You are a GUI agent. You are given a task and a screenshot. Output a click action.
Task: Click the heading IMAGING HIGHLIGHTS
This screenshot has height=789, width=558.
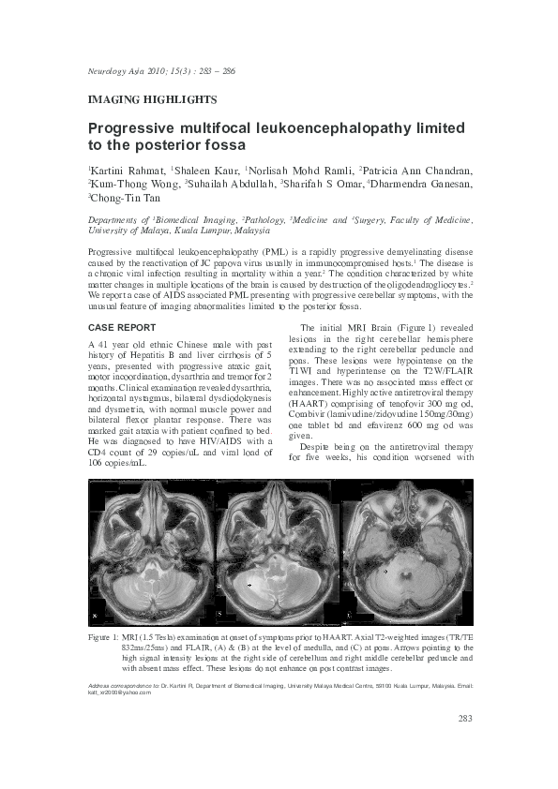[x=152, y=98]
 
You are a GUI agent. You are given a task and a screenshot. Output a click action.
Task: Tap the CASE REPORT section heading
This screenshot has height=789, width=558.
[x=122, y=328]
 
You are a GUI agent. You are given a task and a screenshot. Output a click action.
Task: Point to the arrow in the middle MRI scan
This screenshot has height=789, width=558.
[x=249, y=584]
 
